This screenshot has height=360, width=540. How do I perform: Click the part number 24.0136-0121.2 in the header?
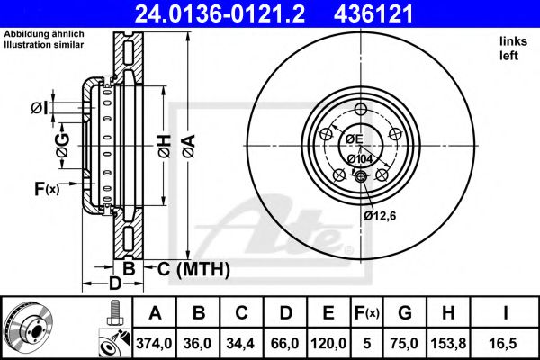[x=220, y=13]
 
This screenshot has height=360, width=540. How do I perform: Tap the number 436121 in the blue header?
[x=373, y=13]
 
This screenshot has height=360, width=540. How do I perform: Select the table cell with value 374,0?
[x=154, y=343]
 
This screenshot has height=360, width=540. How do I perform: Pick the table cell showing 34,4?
[x=240, y=343]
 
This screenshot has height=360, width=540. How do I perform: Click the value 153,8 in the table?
[x=448, y=343]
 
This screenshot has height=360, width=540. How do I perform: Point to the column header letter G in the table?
[x=405, y=313]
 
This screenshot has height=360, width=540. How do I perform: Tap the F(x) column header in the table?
[x=367, y=313]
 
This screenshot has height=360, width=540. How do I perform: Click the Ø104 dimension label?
[x=360, y=159]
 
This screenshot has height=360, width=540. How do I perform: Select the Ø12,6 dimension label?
[x=380, y=216]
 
